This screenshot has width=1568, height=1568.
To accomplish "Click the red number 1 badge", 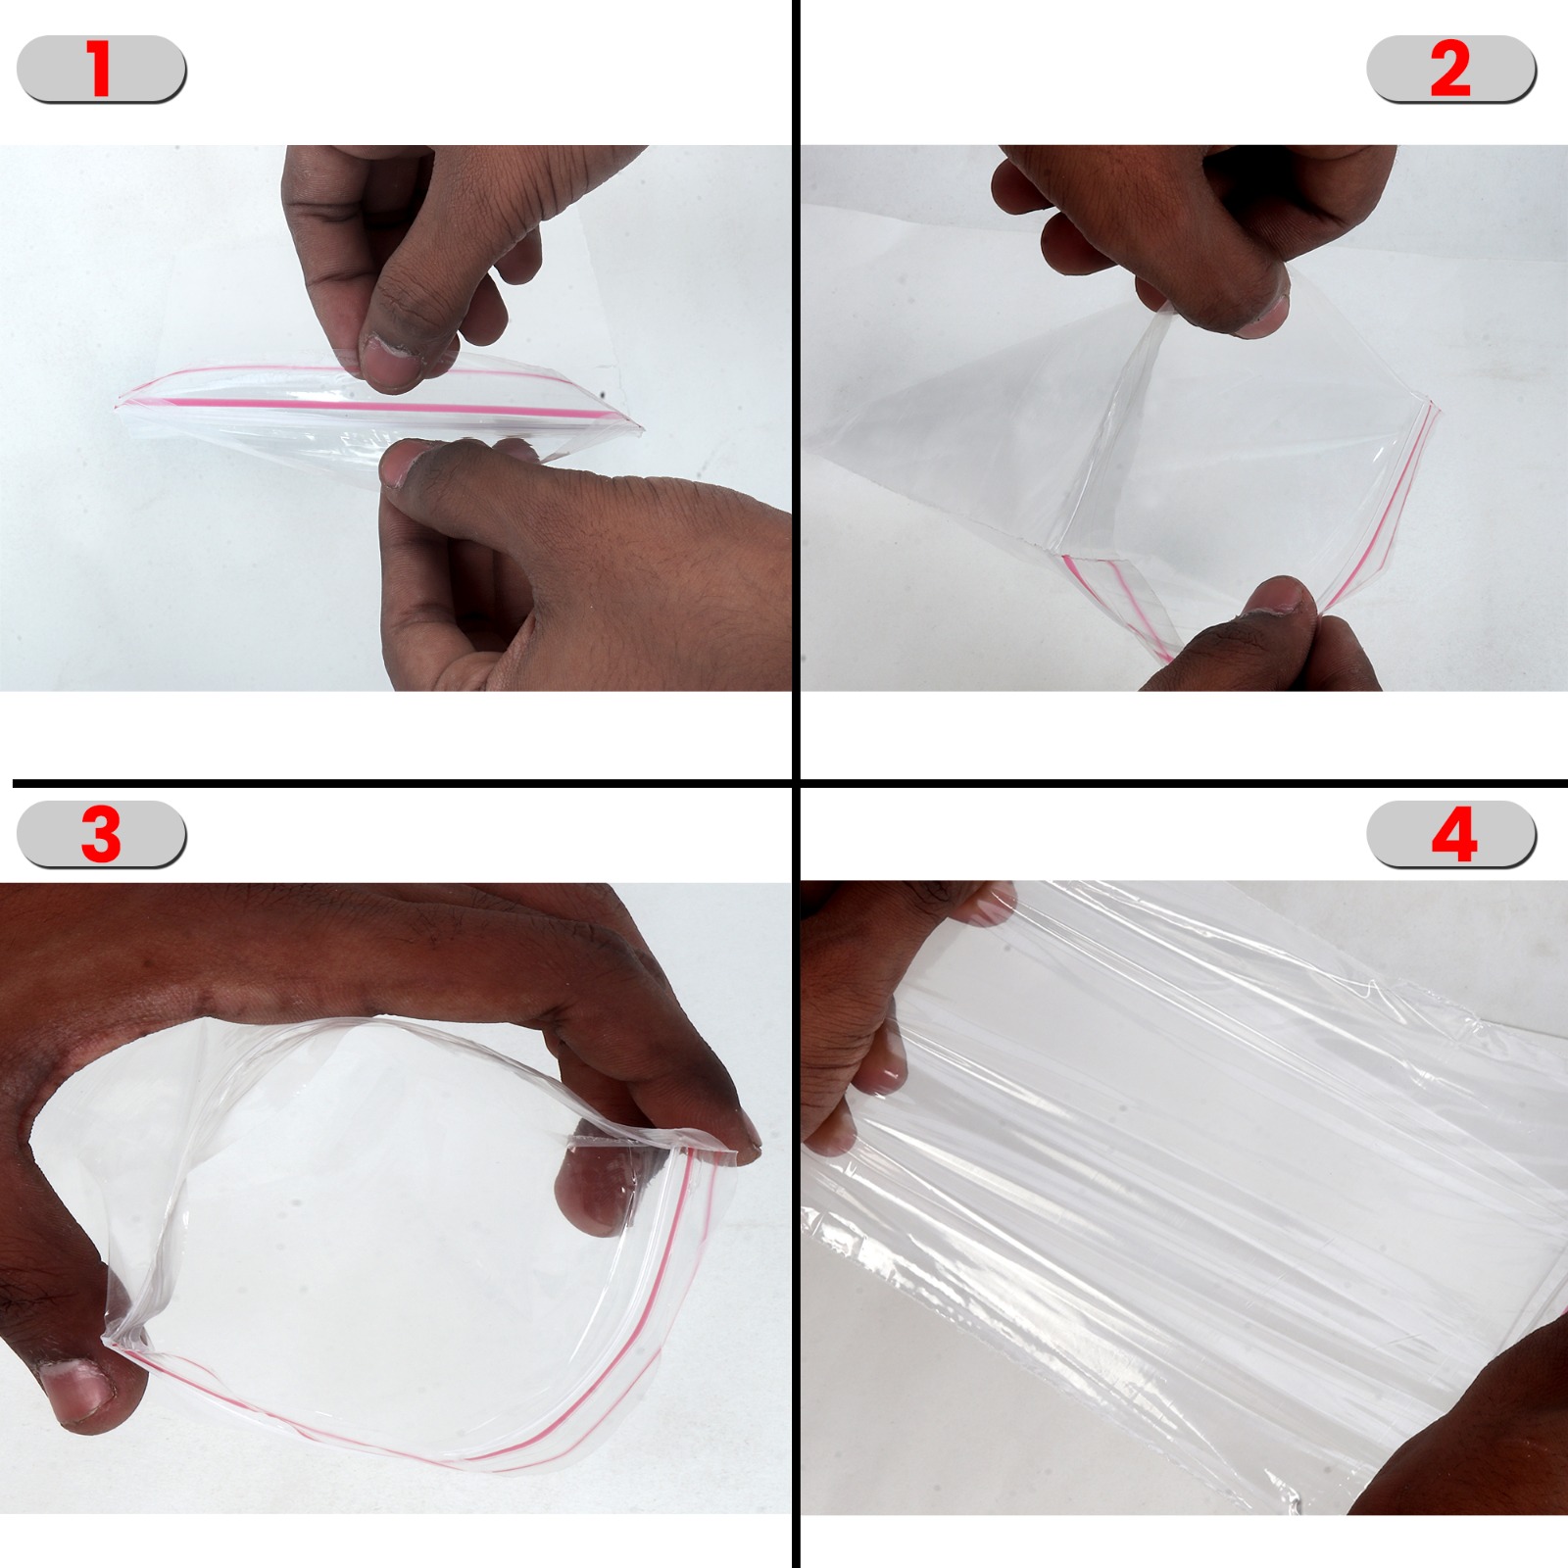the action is (x=101, y=70).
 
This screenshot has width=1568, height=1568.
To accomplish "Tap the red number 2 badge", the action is (x=1451, y=70).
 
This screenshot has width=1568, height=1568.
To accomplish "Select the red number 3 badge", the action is (x=101, y=834).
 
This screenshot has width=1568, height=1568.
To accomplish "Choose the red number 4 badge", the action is (x=1452, y=834).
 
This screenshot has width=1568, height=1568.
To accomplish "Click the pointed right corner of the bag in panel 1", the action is (x=641, y=428).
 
